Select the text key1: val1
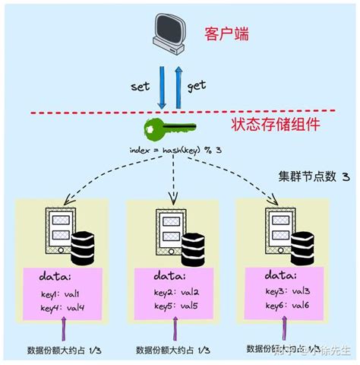[x=58, y=294]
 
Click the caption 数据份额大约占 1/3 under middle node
[x=173, y=351]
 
